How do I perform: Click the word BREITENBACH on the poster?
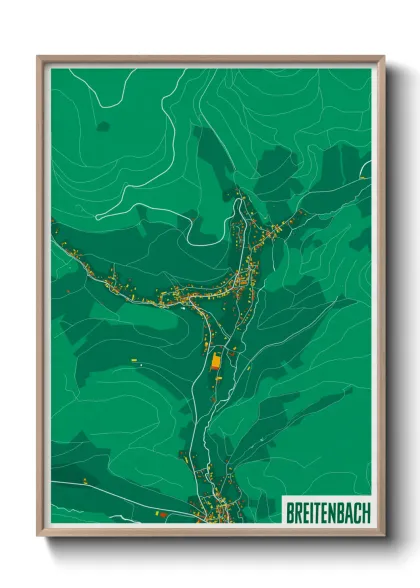(327, 512)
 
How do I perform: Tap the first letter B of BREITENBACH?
(290, 512)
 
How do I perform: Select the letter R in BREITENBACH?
(298, 512)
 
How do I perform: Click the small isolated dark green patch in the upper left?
(102, 126)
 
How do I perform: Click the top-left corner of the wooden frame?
(39, 58)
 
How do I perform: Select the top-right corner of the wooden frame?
(383, 58)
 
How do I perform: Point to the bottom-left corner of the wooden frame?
(39, 535)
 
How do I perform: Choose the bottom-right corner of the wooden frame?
(383, 535)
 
